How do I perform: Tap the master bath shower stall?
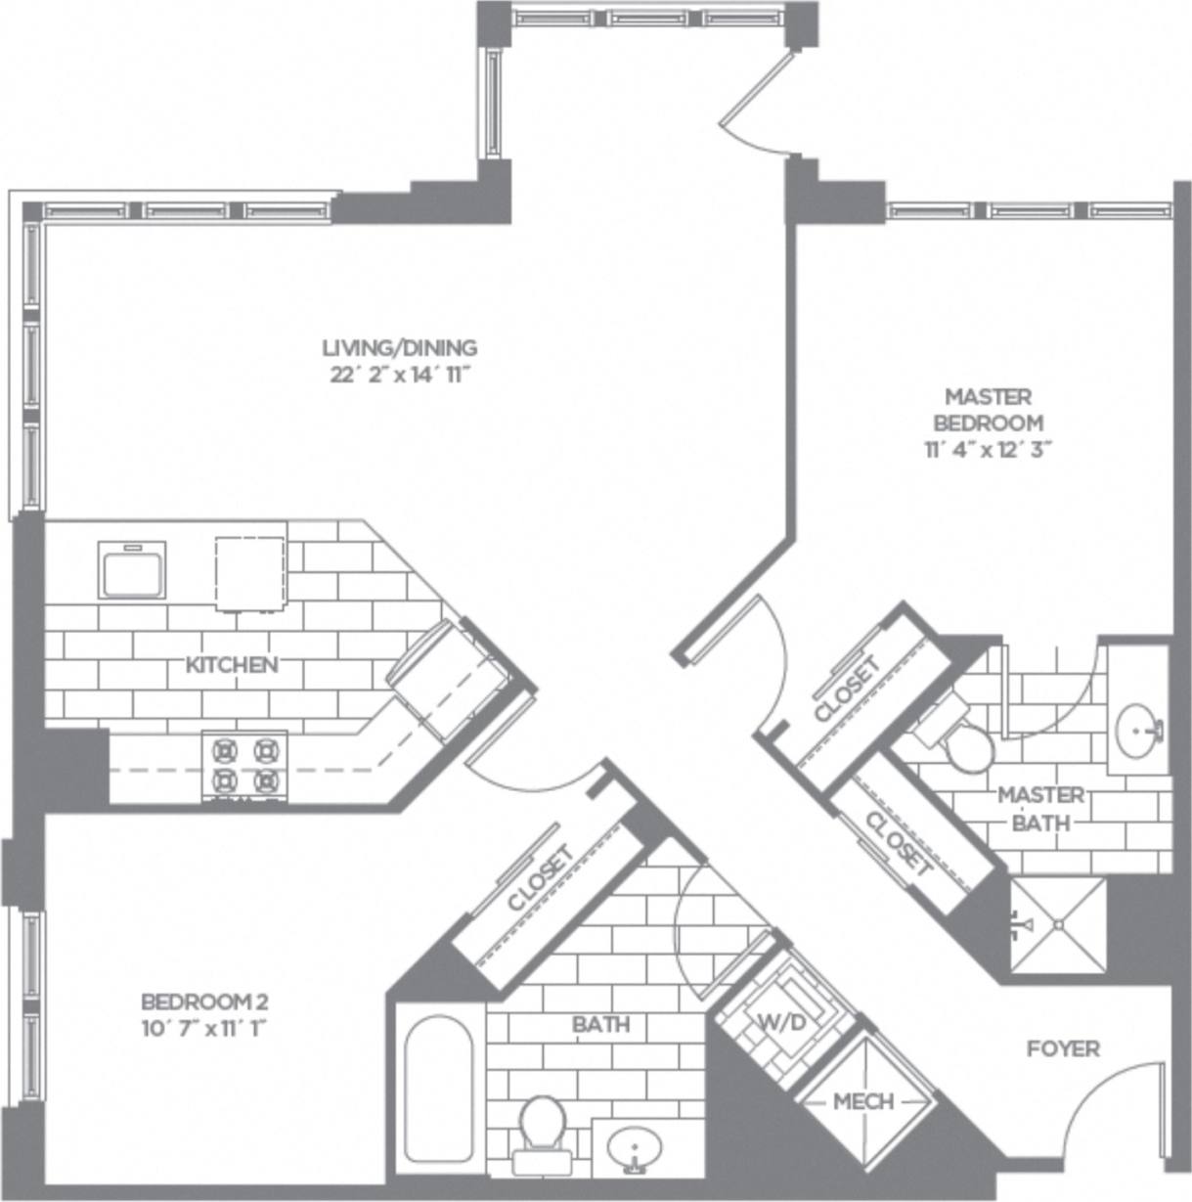click(1058, 925)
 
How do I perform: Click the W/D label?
click(782, 1023)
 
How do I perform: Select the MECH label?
click(862, 1101)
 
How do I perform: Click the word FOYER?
click(1063, 1048)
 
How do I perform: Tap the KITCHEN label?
click(232, 665)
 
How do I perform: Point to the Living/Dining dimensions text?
click(401, 375)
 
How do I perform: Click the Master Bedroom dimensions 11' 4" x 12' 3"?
click(988, 450)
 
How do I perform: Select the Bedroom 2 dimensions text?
click(204, 1028)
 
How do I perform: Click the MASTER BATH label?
click(1040, 809)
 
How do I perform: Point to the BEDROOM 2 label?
click(204, 1002)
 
